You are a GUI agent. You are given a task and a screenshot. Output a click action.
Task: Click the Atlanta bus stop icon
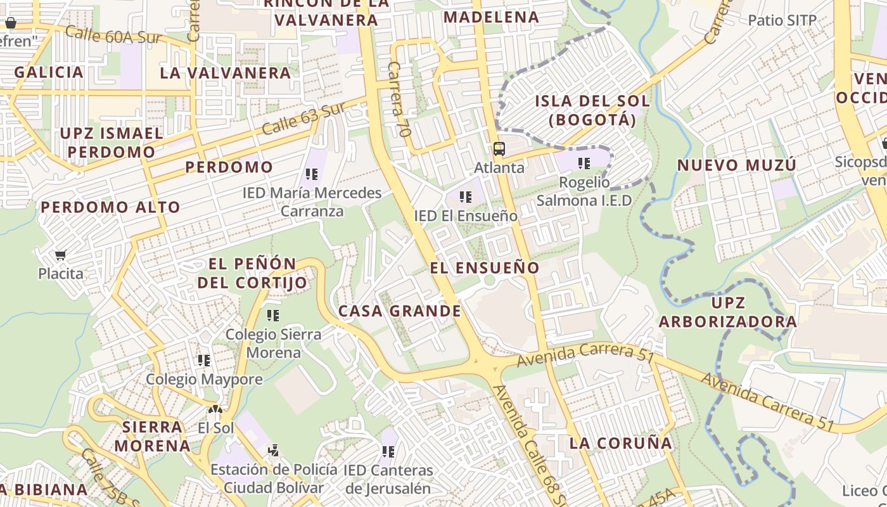pos(499,149)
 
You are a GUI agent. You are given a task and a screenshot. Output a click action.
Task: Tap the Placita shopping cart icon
pos(60,255)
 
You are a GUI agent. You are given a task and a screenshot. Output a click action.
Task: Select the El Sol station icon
pos(216,410)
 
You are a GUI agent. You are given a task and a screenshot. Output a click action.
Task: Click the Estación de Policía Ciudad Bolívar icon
pos(273,451)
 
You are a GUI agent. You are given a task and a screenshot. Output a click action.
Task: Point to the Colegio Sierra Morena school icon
pos(273,315)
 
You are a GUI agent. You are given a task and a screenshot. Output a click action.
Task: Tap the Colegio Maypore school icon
pos(204,361)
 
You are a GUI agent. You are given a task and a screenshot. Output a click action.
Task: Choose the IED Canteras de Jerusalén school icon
pos(388,452)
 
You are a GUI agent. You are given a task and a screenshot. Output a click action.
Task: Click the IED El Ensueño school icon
pos(466,197)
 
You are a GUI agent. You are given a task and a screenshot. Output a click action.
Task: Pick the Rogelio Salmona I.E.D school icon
pos(584,164)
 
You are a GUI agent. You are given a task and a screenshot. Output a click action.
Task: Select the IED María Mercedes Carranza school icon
pos(312,174)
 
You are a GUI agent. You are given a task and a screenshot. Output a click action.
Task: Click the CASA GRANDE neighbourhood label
pos(399,311)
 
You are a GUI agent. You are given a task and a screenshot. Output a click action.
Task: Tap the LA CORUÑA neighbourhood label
pos(620,443)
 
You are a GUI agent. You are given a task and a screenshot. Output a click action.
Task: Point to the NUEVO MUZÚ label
pos(736,165)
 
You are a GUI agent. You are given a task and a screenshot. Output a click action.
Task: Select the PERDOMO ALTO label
pos(110,207)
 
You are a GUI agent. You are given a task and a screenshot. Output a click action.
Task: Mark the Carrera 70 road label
pos(399,99)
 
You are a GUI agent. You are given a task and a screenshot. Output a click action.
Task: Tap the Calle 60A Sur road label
pos(113,35)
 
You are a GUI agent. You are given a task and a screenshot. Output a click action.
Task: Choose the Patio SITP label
pos(782,20)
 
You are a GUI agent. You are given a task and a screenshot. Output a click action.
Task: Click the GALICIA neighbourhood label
pos(49,72)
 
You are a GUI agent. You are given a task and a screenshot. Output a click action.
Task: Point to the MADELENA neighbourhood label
pos(491,17)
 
